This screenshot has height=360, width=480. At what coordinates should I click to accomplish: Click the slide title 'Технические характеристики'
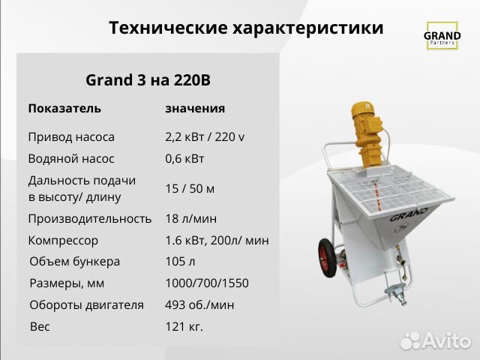tap(246, 28)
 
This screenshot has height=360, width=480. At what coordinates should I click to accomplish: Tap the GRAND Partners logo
tap(442, 37)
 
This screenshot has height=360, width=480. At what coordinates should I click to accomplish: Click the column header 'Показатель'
tap(64, 108)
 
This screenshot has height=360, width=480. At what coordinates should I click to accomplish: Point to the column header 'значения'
tap(195, 108)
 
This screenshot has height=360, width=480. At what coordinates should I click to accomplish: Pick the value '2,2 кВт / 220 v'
tap(205, 137)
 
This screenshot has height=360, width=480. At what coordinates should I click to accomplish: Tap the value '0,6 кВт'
tap(184, 159)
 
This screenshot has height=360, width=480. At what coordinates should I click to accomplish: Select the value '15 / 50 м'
tap(190, 188)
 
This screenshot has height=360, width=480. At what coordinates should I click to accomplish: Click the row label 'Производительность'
tap(90, 219)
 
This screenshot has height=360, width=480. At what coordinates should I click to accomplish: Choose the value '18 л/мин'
tap(190, 219)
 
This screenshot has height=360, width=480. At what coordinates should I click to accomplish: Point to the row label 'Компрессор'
tap(63, 241)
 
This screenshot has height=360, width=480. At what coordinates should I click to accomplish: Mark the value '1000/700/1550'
tap(206, 283)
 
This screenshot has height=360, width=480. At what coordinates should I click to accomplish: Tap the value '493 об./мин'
tap(199, 305)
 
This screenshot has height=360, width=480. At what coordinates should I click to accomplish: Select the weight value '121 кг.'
tap(184, 327)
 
